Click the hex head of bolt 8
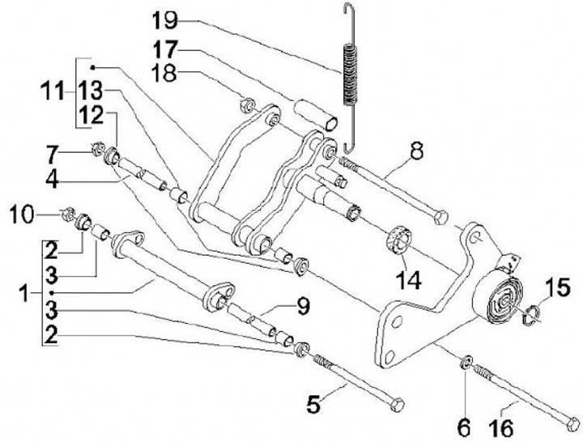pyautogui.click(x=440, y=216)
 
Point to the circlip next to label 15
pyautogui.click(x=530, y=317)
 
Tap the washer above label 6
pyautogui.click(x=467, y=359)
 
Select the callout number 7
pyautogui.click(x=75, y=151)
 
